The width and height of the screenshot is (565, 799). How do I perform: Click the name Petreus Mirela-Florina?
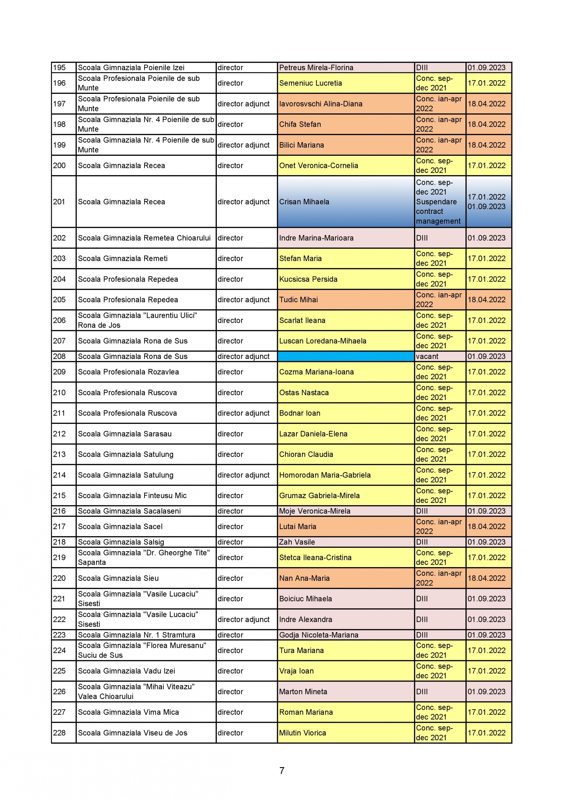(x=316, y=67)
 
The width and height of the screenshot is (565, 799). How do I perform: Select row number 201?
(x=59, y=202)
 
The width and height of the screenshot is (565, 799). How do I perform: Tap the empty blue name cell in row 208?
(x=345, y=356)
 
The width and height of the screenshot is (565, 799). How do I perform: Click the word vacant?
(x=427, y=356)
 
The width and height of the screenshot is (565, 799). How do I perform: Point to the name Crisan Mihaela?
(x=304, y=202)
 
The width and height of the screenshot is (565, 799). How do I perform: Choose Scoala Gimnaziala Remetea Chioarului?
(x=144, y=238)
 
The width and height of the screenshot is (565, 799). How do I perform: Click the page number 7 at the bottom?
(x=282, y=771)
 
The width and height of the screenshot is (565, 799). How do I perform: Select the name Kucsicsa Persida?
(x=308, y=279)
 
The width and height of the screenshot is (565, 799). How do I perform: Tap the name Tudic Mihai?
(x=298, y=300)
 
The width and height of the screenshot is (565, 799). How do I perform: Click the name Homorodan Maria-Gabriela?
(x=324, y=475)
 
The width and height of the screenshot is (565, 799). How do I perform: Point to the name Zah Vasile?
(x=297, y=542)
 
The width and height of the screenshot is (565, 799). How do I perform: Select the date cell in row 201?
(x=486, y=202)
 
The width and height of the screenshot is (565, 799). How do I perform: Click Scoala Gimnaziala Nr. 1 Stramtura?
(x=136, y=635)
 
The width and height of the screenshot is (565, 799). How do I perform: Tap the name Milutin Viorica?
(x=302, y=733)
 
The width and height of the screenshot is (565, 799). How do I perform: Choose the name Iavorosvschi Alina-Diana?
(x=320, y=104)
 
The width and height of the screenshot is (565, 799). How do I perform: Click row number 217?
(x=59, y=527)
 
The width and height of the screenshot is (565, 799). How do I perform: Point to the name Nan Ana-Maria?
(x=304, y=578)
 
